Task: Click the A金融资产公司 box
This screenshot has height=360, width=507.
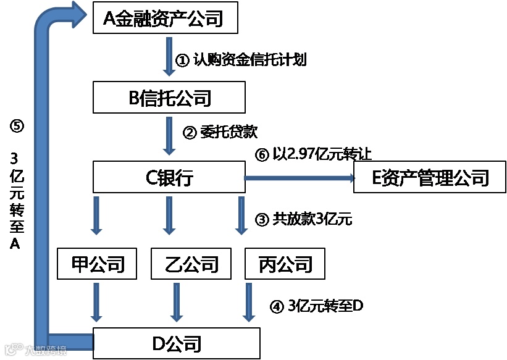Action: [x=166, y=19]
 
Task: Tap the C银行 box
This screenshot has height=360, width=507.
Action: [x=170, y=178]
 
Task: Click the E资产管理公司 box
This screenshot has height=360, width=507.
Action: [x=430, y=178]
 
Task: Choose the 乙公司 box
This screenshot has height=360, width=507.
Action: [x=183, y=264]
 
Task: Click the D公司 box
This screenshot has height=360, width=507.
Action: [x=177, y=343]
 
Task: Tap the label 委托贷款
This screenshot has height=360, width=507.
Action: [x=228, y=132]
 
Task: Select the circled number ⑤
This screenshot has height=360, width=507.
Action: [x=17, y=126]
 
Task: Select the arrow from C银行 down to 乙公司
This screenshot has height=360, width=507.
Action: [x=168, y=215]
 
